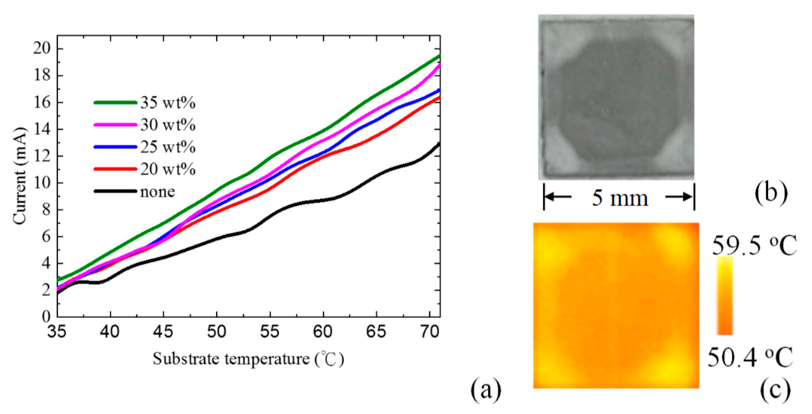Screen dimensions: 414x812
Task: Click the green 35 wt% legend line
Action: (x=115, y=103)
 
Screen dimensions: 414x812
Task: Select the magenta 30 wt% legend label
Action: (x=168, y=125)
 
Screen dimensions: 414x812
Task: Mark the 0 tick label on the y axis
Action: (x=46, y=316)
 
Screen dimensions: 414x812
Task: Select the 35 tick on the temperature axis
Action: (x=57, y=332)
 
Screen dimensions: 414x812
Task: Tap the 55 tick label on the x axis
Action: (x=270, y=332)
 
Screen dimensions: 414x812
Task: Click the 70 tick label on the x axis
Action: (x=429, y=332)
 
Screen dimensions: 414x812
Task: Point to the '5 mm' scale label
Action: (x=620, y=198)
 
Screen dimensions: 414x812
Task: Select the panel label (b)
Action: (x=771, y=193)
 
